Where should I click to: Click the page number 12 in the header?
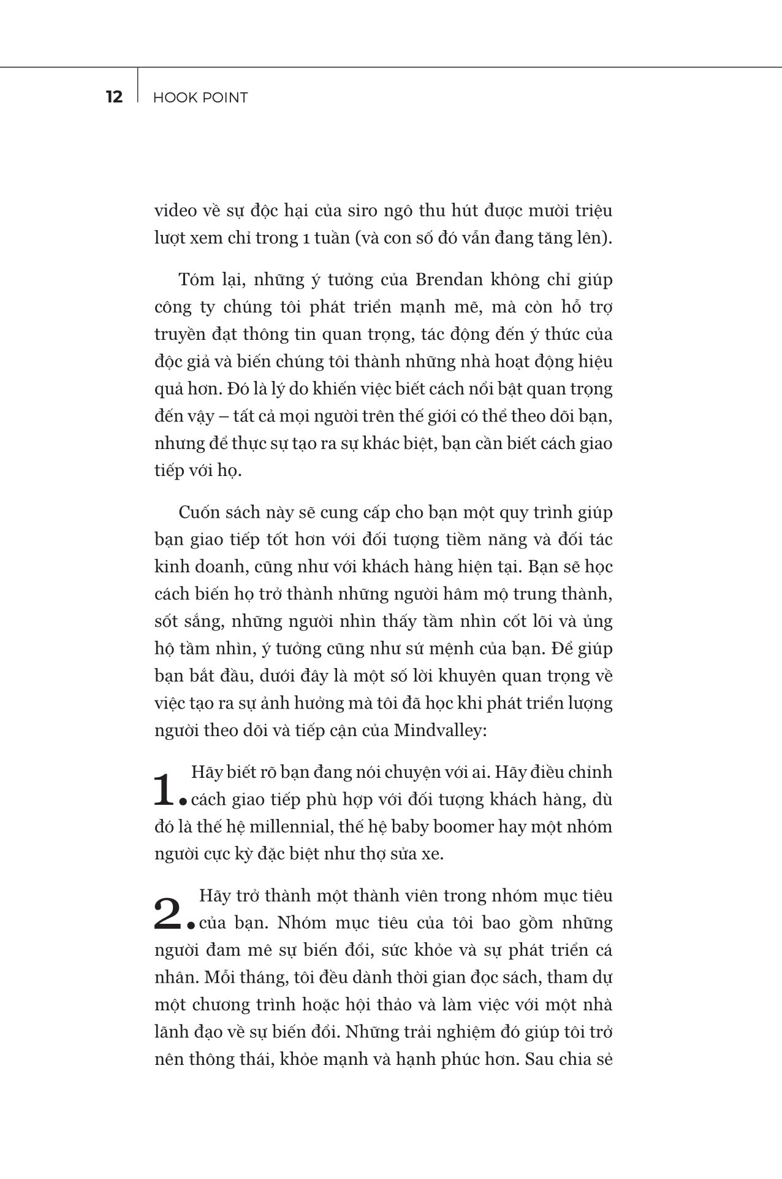tap(114, 97)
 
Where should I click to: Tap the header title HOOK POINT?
tap(200, 98)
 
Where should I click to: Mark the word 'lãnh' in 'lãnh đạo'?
tap(173, 1032)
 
